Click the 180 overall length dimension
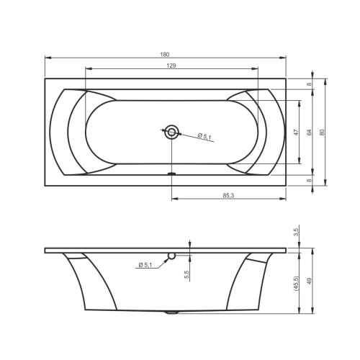pos(165,53)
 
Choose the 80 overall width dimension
pos(323,132)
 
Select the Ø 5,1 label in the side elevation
pos(145,266)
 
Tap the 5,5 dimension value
pos(186,275)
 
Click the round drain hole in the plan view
pos(171,132)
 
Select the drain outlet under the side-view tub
pos(171,312)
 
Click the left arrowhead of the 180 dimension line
pos(47,58)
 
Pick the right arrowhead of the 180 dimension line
pos(284,58)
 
